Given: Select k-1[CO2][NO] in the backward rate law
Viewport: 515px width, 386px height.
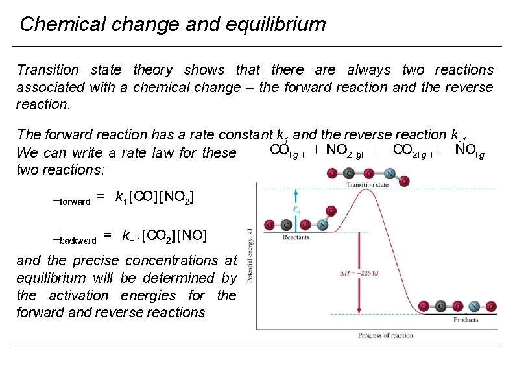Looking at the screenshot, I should [x=165, y=235].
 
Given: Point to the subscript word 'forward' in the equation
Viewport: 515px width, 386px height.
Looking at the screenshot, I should [x=75, y=202].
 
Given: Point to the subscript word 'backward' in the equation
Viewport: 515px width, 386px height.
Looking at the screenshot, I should [x=78, y=241].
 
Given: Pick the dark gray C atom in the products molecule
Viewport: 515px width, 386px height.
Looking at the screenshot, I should [x=440, y=306].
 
